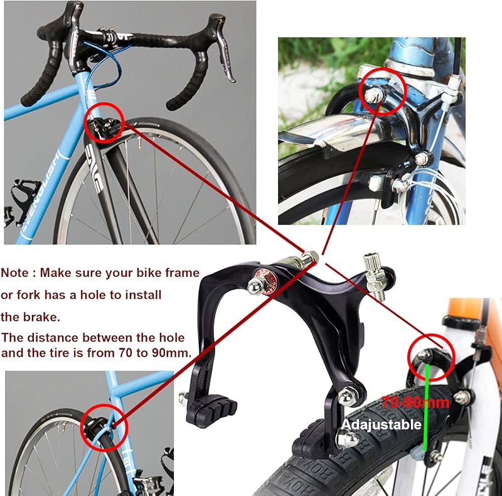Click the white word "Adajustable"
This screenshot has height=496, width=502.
click(382, 425)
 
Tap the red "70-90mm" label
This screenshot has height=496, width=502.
click(415, 402)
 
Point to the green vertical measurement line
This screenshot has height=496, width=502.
click(426, 407)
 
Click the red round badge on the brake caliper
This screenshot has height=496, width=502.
click(265, 279)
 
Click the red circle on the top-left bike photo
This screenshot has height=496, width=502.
click(104, 122)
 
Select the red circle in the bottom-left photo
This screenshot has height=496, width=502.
click(104, 428)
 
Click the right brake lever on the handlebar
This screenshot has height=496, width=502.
click(223, 48)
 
